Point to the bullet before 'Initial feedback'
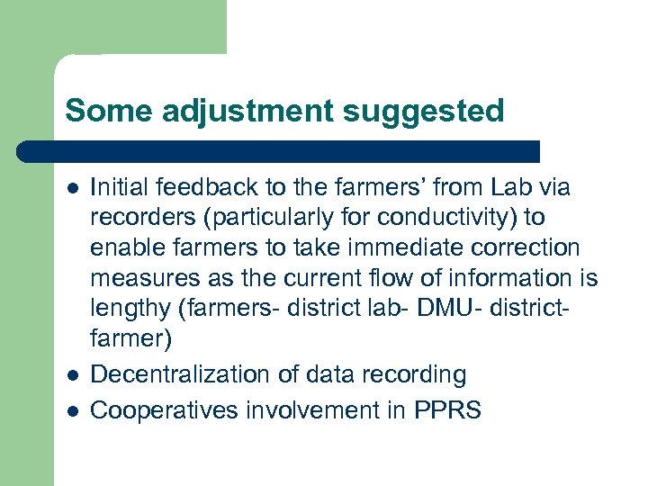pos(72,189)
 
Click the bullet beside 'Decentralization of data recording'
pos(72,375)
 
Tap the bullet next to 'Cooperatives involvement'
pos(72,412)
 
